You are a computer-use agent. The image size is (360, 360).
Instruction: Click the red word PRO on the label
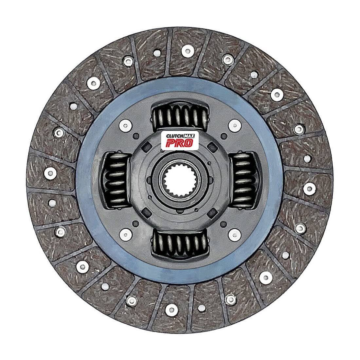click(x=179, y=142)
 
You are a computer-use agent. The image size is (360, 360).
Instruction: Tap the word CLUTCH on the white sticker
click(x=174, y=135)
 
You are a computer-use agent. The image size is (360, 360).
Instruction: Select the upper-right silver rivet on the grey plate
click(x=233, y=124)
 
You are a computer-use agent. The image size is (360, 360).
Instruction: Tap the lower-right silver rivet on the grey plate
click(x=233, y=233)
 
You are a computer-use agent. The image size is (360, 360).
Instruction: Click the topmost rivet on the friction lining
click(x=188, y=50)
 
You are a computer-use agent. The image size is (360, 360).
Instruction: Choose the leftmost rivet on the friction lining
click(x=50, y=172)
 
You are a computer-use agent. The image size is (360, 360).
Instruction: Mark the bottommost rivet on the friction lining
click(x=171, y=309)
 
